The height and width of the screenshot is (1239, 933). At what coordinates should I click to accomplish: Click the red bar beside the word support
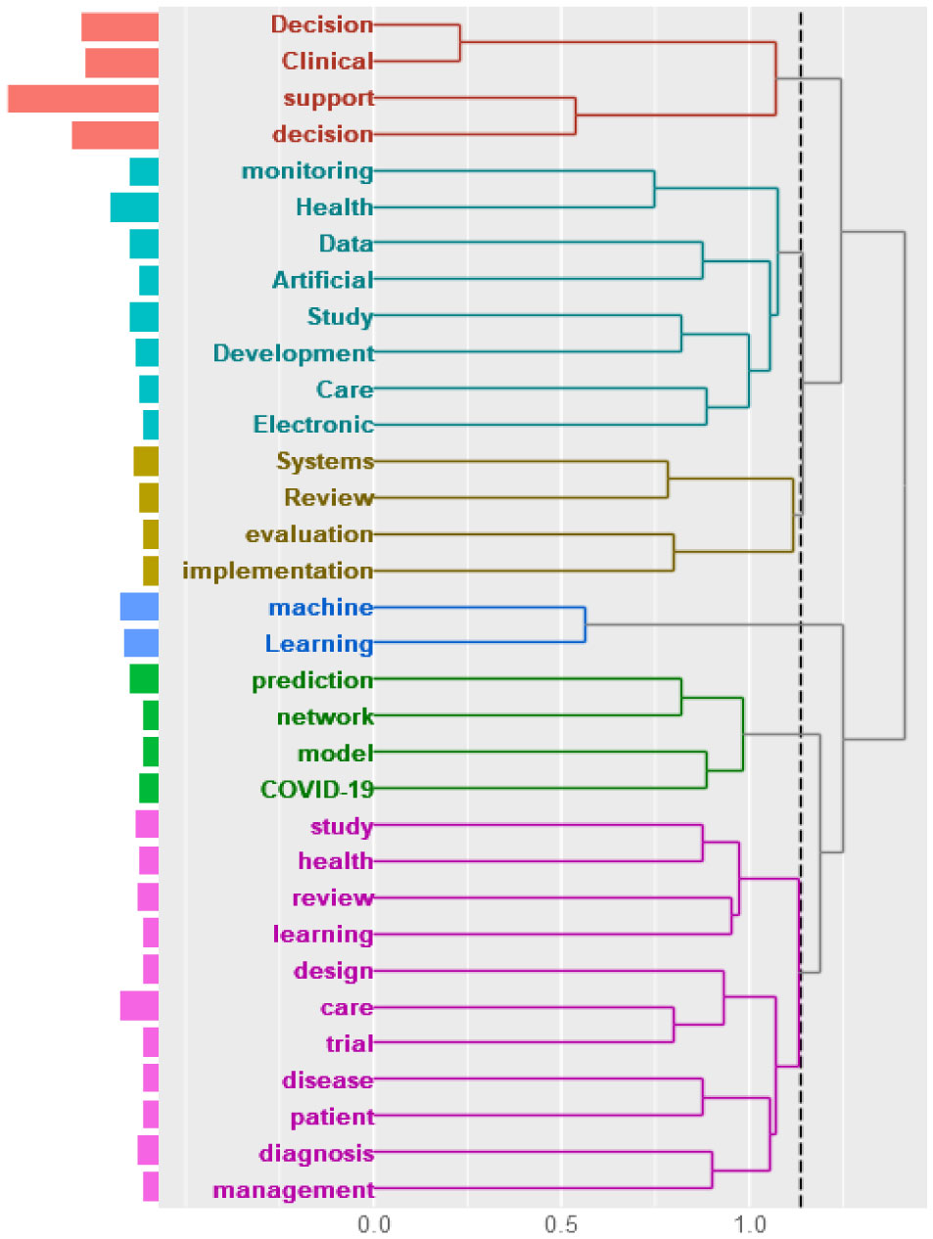tap(83, 98)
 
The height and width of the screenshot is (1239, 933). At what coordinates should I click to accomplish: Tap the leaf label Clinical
tap(327, 61)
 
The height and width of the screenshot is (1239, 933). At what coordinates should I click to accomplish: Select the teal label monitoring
tap(307, 171)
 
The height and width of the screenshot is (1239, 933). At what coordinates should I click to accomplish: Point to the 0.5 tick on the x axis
tap(561, 1223)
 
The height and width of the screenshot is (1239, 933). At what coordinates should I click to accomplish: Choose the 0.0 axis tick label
tap(373, 1223)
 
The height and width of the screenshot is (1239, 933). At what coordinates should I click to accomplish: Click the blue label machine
tap(320, 607)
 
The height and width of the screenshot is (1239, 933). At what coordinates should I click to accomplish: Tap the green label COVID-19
tap(316, 789)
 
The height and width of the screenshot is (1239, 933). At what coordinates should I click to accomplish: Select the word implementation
tap(278, 571)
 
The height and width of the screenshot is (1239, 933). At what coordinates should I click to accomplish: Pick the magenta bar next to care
tap(139, 1006)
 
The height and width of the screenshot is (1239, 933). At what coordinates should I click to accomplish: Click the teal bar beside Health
tap(134, 207)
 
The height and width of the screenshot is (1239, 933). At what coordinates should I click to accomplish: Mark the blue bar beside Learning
tap(141, 643)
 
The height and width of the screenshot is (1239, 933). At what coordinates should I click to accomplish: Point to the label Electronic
tap(313, 425)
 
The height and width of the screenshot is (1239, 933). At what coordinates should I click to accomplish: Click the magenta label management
tap(294, 1190)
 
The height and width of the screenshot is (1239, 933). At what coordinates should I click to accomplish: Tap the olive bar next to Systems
tap(146, 461)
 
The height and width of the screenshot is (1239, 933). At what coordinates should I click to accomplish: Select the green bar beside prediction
tap(144, 679)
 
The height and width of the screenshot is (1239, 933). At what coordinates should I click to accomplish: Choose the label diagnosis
tap(316, 1154)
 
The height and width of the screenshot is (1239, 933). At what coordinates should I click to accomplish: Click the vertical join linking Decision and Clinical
tap(460, 43)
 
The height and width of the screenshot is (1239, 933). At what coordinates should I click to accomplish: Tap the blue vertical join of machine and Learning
tap(584, 624)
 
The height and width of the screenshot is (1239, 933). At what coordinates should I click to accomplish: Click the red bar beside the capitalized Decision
tap(119, 26)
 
